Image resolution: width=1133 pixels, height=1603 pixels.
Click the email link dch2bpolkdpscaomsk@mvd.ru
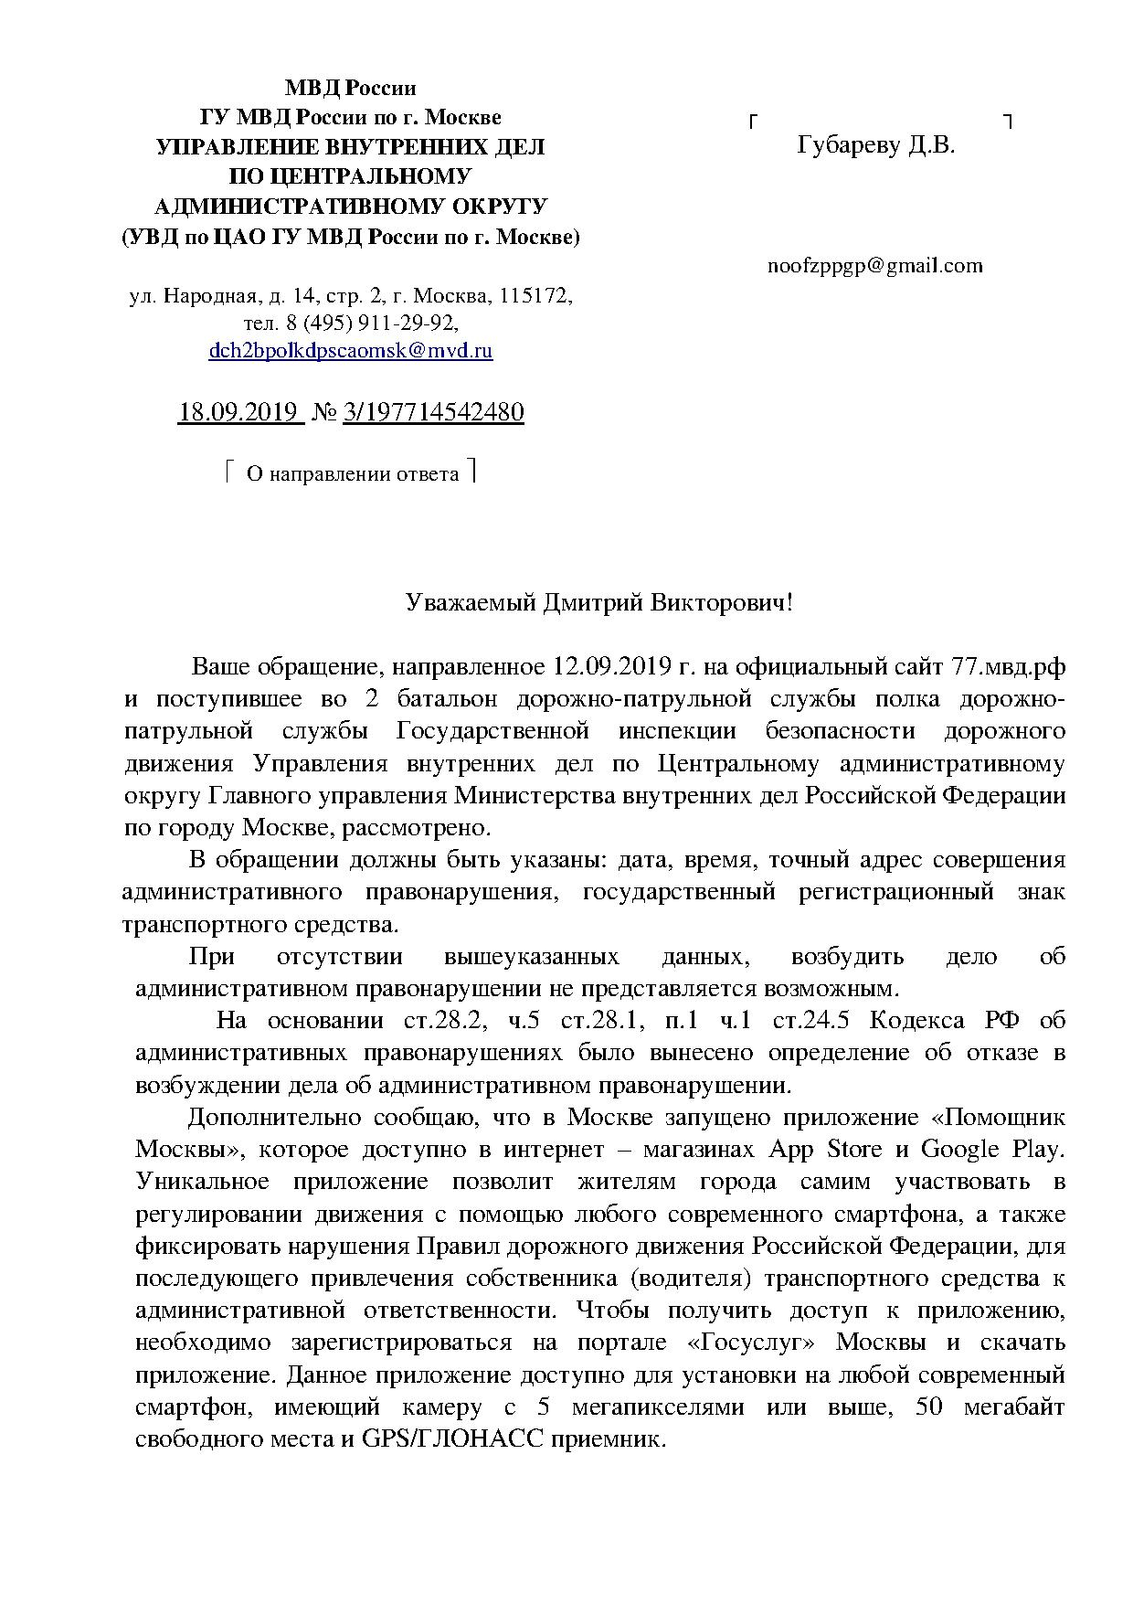pos(351,350)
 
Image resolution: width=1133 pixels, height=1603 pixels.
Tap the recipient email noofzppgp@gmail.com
pos(874,266)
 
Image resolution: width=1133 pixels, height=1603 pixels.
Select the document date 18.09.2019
pos(239,412)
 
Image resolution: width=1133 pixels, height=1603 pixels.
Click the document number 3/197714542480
pos(433,412)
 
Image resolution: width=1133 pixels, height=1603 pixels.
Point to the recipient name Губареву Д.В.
pos(875,145)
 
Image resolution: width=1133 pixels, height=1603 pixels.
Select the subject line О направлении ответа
pos(353,473)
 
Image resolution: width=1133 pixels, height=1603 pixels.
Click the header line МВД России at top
pos(350,89)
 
